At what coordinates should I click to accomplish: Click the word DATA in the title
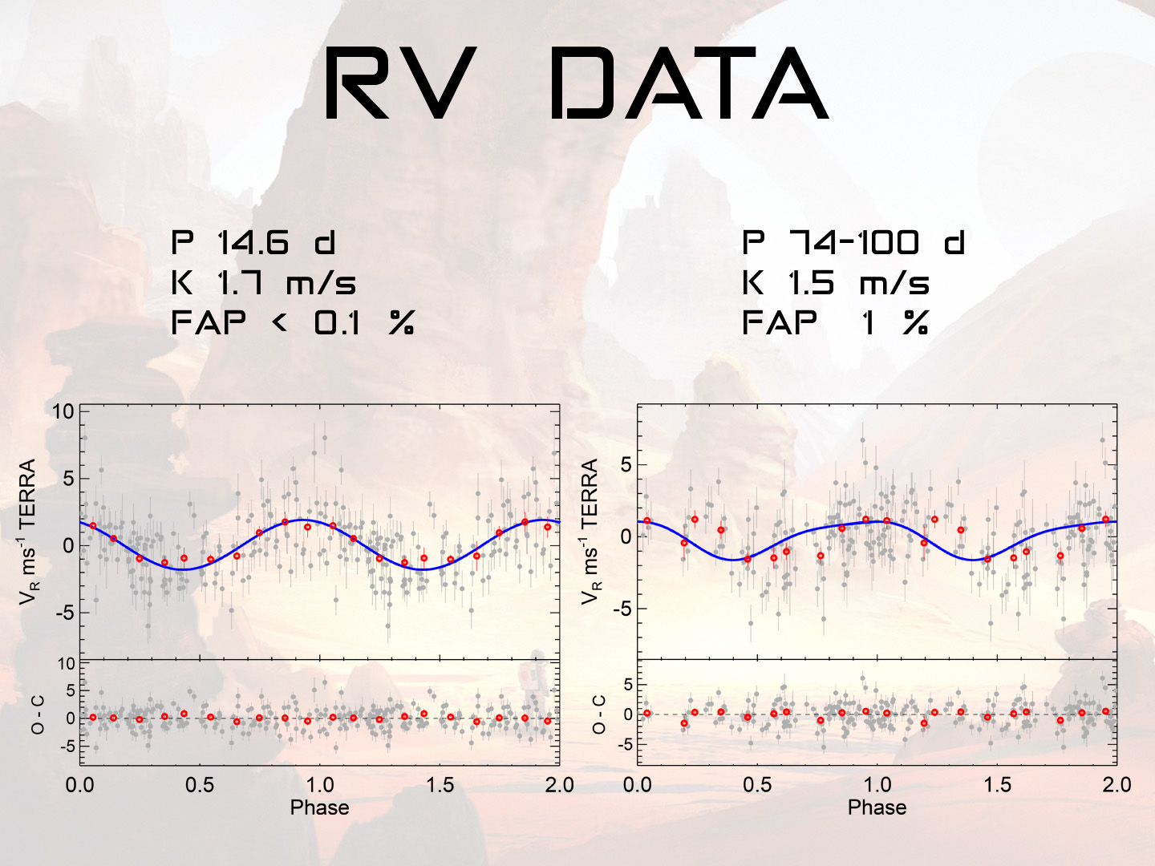[690, 84]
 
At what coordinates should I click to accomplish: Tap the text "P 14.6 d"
[253, 242]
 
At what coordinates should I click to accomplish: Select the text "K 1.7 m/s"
[264, 283]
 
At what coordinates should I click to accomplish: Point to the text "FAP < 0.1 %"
[293, 323]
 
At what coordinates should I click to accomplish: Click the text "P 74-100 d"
[853, 242]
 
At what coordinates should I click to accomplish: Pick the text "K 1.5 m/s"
[836, 283]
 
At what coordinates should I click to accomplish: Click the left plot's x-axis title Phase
[319, 807]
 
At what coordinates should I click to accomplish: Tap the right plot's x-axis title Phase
[877, 807]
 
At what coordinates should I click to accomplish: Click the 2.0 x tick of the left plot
[559, 784]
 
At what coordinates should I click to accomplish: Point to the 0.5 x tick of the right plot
[757, 784]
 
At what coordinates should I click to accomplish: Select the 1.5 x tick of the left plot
[440, 784]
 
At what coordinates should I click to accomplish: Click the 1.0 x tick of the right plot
[877, 784]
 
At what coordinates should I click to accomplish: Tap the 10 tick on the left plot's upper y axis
[63, 412]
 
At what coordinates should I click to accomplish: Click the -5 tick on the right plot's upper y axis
[622, 609]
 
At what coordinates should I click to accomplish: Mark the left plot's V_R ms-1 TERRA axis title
[29, 531]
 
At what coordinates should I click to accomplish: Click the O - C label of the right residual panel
[599, 714]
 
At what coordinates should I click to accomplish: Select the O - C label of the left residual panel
[38, 714]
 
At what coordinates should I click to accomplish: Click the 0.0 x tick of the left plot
[79, 784]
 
